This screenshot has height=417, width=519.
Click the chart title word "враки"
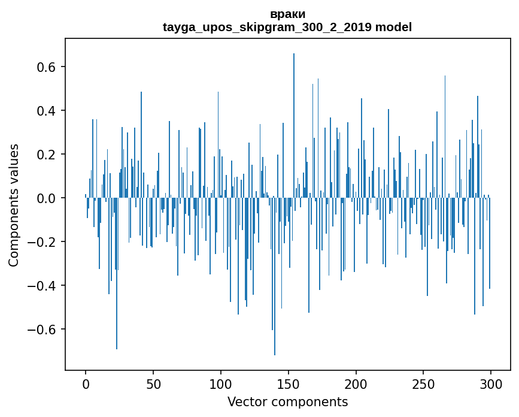coord(287,14)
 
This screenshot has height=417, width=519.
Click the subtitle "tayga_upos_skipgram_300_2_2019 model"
coord(287,27)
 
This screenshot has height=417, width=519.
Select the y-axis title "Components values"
coord(13,205)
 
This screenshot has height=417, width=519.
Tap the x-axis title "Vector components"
coord(287,401)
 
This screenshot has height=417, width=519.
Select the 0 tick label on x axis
coord(86,384)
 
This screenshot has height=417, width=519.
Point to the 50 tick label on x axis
coord(153,384)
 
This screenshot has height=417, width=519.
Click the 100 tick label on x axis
coord(221,384)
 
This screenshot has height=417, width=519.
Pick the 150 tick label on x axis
coord(289,384)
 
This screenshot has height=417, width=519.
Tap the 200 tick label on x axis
coord(356,384)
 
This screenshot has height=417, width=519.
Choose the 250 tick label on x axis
coord(424,384)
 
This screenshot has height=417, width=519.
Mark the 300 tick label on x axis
coord(491,384)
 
